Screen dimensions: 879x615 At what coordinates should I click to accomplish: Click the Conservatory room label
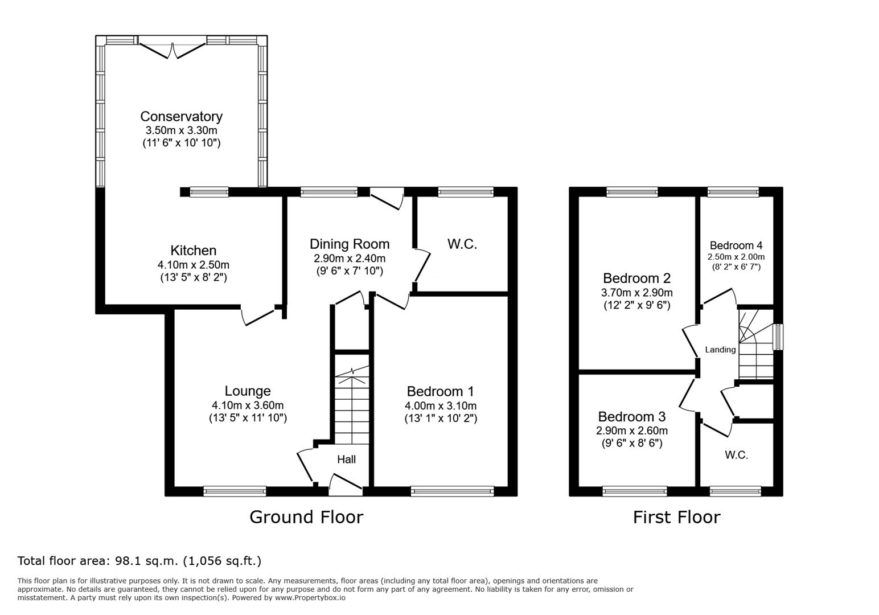point(181,117)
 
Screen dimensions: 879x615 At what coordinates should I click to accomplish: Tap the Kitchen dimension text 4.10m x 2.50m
point(194,265)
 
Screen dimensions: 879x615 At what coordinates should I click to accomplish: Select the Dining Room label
point(350,244)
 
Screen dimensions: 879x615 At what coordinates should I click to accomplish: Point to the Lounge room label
point(248,391)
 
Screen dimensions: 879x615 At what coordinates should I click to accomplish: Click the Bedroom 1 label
point(440,391)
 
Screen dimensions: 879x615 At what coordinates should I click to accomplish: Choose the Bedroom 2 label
point(637,278)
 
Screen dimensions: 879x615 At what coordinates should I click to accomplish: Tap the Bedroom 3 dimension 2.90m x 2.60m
point(632,430)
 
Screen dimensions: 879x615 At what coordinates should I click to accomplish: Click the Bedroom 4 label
point(736,245)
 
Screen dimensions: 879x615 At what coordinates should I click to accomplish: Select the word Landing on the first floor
point(721,350)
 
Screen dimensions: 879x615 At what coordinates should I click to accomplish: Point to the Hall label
point(347,460)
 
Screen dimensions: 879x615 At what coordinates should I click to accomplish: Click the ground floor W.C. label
point(462,244)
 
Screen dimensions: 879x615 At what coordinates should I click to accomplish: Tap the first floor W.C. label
point(737,455)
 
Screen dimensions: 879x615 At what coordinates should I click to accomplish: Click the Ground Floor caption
point(306,517)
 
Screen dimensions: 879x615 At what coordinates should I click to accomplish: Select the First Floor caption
point(676,517)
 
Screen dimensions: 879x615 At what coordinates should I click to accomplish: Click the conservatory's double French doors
point(172,48)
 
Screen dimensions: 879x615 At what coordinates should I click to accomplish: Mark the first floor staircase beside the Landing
point(756,345)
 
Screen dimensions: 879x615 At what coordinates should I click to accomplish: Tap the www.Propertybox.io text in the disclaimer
point(310,598)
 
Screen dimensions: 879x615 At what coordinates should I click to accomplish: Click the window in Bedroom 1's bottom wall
point(452,491)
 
